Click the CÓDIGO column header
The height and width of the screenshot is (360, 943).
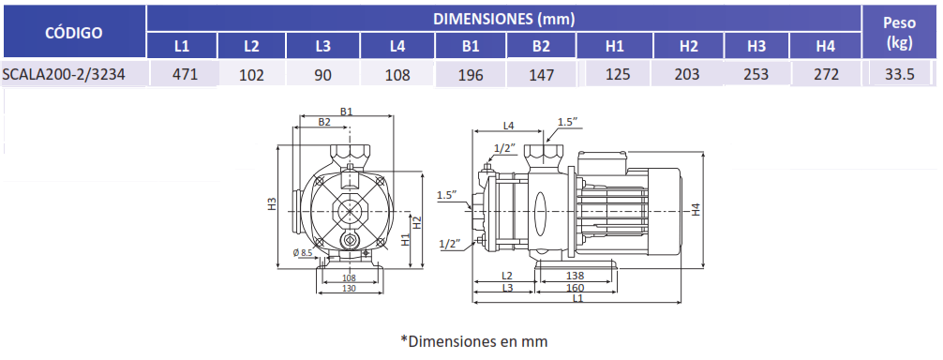(x=74, y=33)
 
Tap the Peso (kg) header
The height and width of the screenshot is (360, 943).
(x=899, y=33)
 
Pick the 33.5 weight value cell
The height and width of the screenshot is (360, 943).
(x=900, y=74)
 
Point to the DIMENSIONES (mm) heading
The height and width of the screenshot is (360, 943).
(x=504, y=19)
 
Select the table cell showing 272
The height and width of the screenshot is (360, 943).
(x=825, y=74)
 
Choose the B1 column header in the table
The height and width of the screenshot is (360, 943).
(x=471, y=46)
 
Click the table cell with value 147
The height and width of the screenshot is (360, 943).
(x=541, y=74)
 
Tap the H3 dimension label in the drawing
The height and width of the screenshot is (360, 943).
(x=273, y=204)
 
